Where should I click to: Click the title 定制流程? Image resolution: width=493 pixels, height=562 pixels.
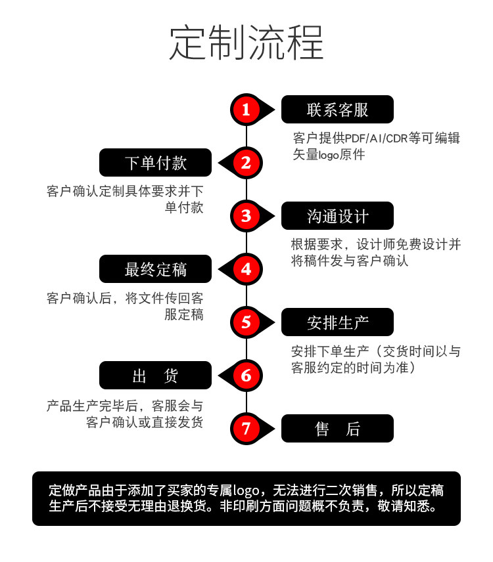[x=246, y=43]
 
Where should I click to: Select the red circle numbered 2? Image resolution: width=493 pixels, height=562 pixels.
[x=246, y=162]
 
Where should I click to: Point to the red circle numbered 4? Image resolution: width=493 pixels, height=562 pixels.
[x=246, y=269]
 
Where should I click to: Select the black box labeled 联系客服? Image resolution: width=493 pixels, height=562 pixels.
[x=337, y=110]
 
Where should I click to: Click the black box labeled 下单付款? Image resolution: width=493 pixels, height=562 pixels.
[x=156, y=163]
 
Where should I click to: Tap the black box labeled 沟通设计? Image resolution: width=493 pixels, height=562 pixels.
[x=337, y=216]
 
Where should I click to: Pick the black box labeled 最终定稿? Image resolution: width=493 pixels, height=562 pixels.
[x=156, y=269]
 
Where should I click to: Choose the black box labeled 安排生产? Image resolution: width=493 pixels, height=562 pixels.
[x=337, y=322]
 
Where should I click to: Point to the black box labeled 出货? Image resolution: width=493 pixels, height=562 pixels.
[x=156, y=376]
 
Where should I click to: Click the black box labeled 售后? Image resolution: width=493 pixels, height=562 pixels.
[x=337, y=429]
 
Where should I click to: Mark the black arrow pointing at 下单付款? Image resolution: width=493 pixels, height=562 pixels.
[x=224, y=162]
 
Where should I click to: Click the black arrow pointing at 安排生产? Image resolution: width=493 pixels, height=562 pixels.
[x=269, y=322]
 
